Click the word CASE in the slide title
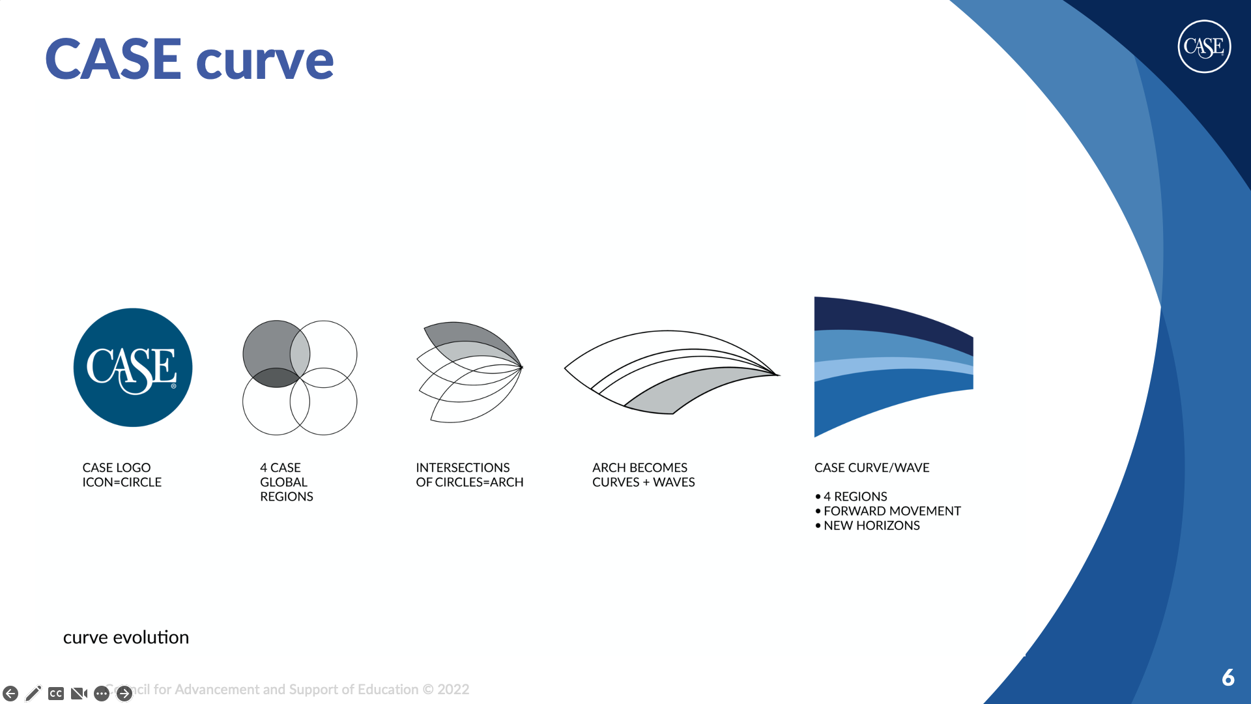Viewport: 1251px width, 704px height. (113, 59)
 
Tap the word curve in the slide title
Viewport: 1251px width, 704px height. (265, 62)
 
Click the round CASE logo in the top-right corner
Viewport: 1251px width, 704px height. (1204, 46)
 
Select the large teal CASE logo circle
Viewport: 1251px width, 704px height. (133, 368)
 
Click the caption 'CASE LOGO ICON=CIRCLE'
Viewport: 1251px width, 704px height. (122, 475)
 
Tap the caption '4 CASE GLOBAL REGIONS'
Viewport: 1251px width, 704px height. (287, 482)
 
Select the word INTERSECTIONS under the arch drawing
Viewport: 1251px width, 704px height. (463, 468)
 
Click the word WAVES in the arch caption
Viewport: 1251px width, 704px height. (674, 482)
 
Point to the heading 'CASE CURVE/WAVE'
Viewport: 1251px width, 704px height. (872, 468)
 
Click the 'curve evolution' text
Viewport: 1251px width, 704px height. (126, 638)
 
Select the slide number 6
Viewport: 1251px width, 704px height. (1228, 678)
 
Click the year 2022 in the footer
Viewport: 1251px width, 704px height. (453, 690)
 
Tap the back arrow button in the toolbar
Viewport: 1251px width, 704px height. (10, 694)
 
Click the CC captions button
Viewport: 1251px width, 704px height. (56, 694)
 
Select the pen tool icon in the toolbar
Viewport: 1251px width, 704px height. (33, 694)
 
